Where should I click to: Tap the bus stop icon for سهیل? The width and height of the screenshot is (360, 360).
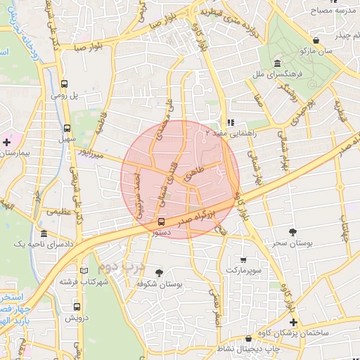coord(67,129)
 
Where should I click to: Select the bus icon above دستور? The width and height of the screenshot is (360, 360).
coord(162,223)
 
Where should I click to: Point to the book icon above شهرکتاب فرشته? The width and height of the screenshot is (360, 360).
coord(84,270)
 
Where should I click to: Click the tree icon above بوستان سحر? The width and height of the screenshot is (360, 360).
coord(292,231)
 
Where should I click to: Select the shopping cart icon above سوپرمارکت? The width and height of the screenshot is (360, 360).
coord(243,259)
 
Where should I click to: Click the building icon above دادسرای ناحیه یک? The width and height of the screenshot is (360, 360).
coord(44,233)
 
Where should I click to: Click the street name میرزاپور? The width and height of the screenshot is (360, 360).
coord(90,151)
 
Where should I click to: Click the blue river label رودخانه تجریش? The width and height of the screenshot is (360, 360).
coord(31,39)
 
